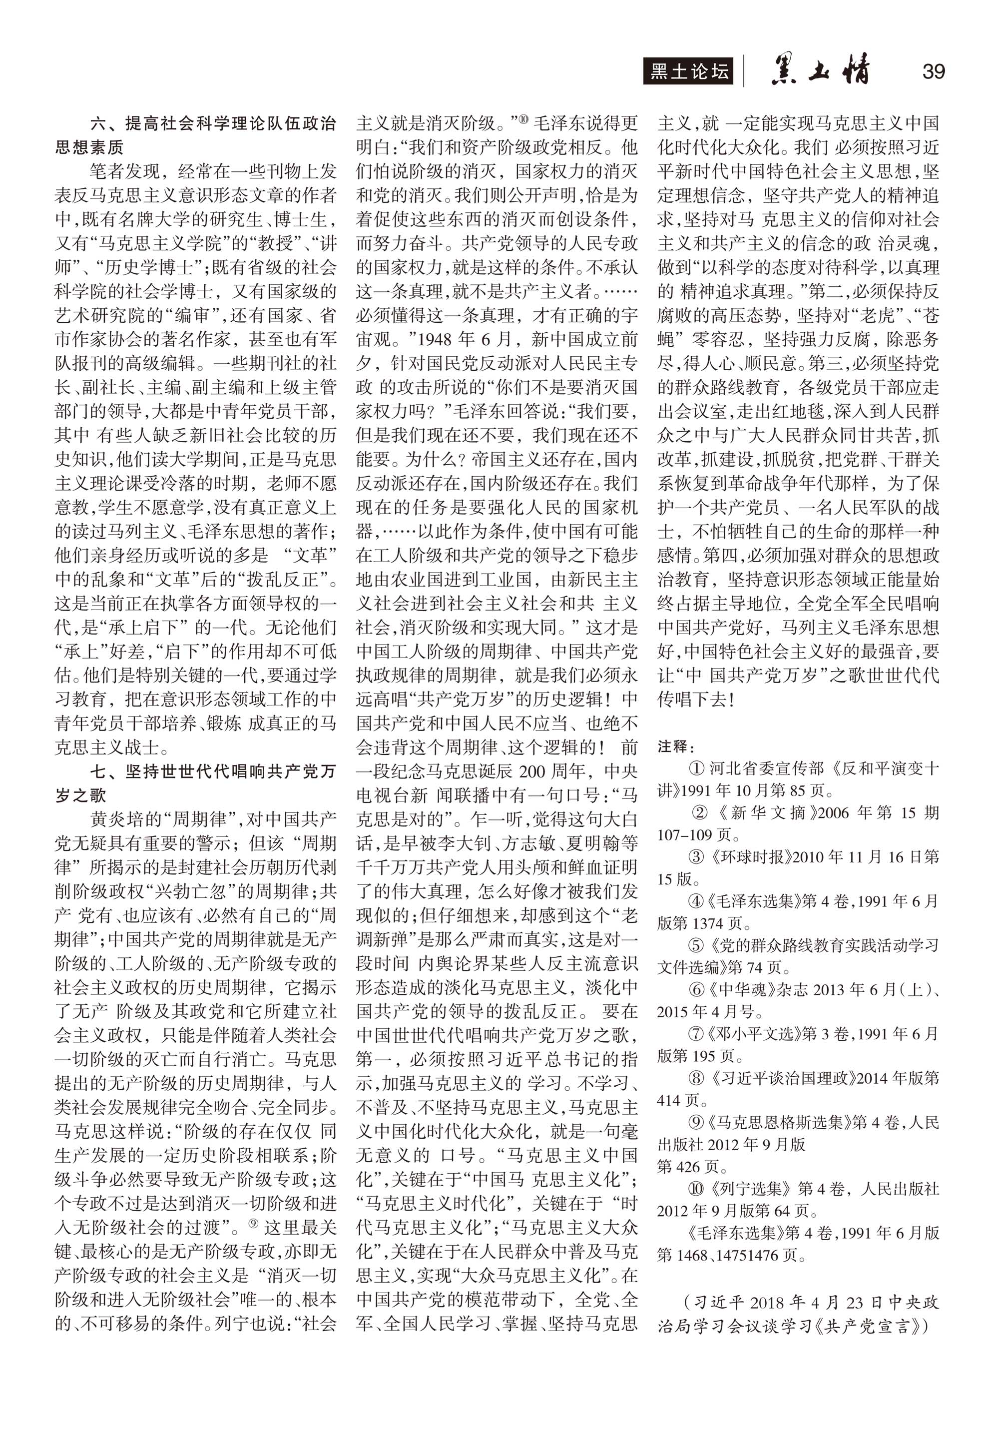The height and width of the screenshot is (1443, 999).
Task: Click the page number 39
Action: click(x=933, y=71)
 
